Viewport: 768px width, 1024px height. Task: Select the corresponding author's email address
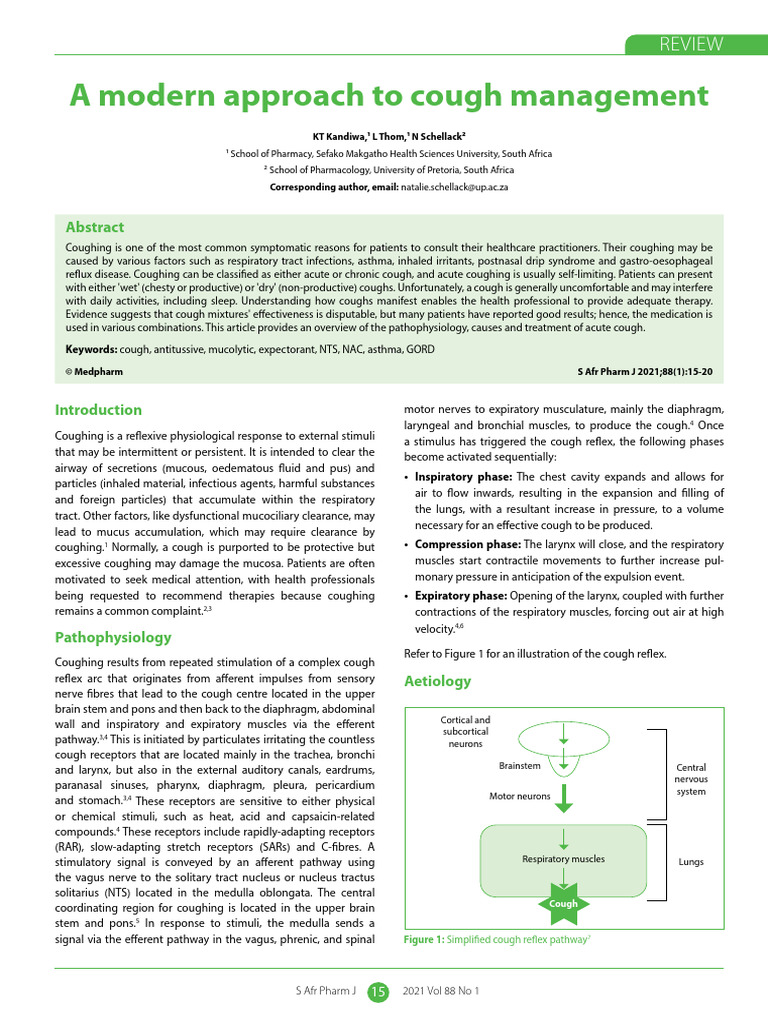point(455,187)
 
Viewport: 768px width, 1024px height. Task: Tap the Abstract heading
point(95,227)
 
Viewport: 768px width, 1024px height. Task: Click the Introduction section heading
point(98,410)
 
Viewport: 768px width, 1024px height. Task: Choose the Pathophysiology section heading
point(113,637)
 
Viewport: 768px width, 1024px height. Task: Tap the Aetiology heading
point(437,681)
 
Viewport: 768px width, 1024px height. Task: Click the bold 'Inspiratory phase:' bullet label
point(463,477)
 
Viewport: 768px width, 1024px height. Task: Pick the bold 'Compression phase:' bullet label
point(467,544)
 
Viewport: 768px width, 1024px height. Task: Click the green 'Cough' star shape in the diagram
point(563,903)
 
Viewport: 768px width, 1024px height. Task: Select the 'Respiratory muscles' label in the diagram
point(563,858)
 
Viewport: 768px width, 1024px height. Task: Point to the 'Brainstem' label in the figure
point(519,765)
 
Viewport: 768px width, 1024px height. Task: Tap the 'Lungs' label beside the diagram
point(691,861)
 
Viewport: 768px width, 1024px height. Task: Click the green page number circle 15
point(378,991)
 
